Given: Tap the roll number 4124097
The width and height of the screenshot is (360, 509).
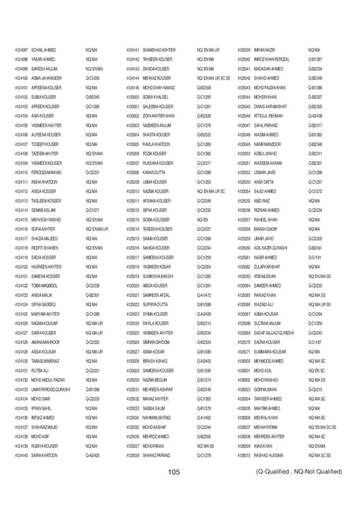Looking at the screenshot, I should point(21,50).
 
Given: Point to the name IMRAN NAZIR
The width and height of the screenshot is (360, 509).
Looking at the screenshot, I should point(265,50).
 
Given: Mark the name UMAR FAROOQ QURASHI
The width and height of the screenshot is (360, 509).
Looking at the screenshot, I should point(51,389).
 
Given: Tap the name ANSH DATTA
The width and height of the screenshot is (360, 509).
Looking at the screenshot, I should point(264,182).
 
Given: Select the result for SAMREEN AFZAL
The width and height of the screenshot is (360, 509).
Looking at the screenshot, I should point(204,295).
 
